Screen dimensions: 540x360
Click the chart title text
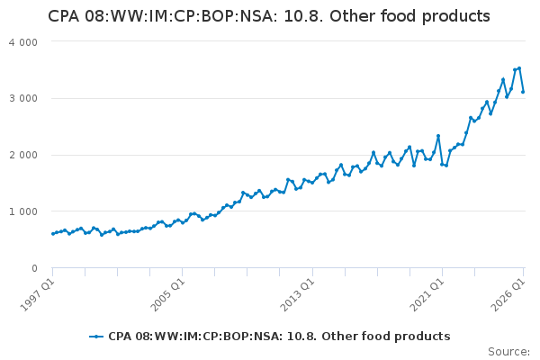(x=268, y=16)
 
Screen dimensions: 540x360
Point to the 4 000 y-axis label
(x=23, y=42)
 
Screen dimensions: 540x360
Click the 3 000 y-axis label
(x=23, y=98)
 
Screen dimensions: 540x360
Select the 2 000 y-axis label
(x=23, y=155)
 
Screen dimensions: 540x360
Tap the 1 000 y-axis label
(x=23, y=211)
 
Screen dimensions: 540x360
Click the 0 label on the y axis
(x=34, y=268)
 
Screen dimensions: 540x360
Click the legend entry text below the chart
(x=279, y=337)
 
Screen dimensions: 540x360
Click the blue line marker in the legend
(x=96, y=337)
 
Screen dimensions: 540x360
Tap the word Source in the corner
(x=508, y=352)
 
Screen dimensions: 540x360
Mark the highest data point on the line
(x=519, y=68)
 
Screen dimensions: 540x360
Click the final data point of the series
(x=523, y=92)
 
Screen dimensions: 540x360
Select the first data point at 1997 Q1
(x=53, y=234)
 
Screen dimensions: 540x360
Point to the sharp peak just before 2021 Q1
(x=438, y=136)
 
